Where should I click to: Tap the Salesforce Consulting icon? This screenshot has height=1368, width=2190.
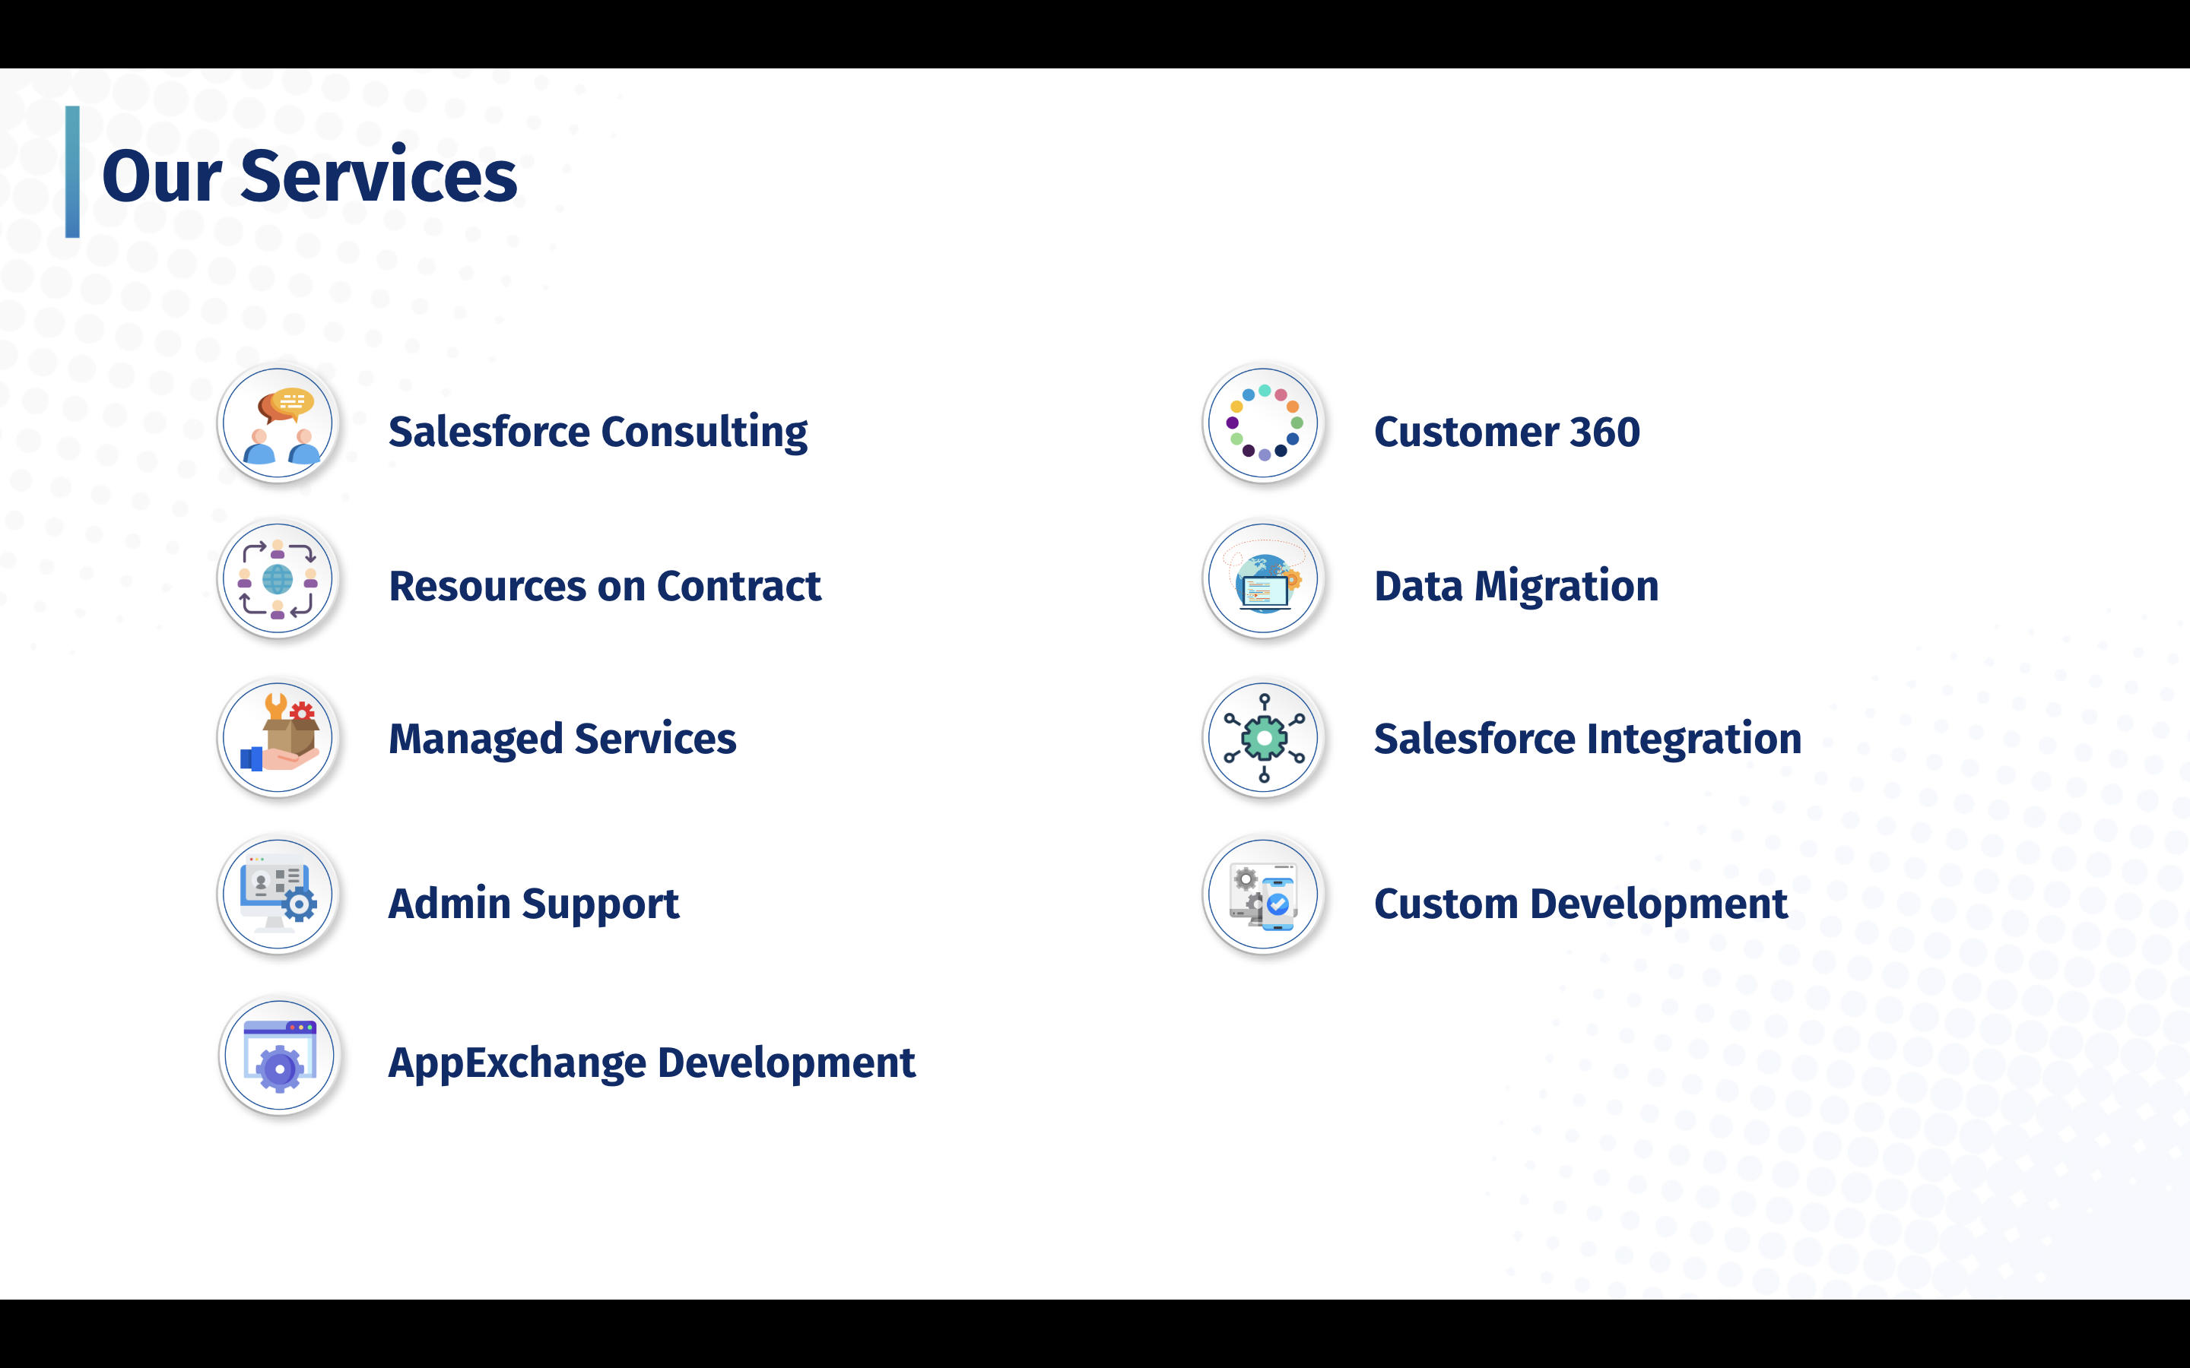click(279, 423)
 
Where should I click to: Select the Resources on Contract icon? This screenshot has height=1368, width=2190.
click(279, 579)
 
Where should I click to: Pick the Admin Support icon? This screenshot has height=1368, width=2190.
click(279, 894)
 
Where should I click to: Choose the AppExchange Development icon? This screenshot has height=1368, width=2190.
click(281, 1055)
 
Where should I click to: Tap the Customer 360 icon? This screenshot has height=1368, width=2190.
click(1265, 423)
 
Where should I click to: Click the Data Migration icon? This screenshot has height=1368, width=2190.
click(1265, 579)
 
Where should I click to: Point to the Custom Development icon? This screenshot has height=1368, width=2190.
click(1265, 894)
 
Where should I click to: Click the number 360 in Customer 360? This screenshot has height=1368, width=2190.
click(1604, 432)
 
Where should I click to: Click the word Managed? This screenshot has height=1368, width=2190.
click(476, 740)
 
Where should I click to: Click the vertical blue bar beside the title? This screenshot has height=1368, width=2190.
click(72, 172)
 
